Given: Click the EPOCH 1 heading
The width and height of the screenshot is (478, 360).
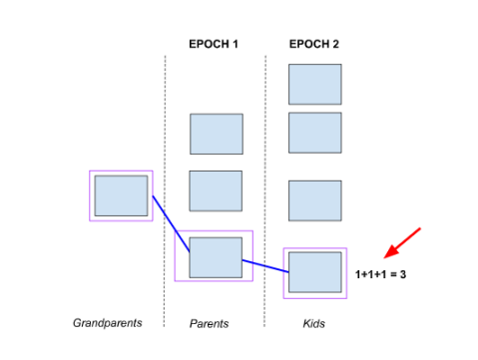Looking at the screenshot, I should pyautogui.click(x=214, y=44).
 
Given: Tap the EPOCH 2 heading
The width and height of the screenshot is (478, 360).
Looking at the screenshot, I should pyautogui.click(x=313, y=44).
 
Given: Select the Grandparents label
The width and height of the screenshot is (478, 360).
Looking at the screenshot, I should pyautogui.click(x=107, y=323).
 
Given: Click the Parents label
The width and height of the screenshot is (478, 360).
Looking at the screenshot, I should pyautogui.click(x=210, y=323).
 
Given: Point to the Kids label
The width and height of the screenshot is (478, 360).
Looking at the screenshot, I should pyautogui.click(x=314, y=323).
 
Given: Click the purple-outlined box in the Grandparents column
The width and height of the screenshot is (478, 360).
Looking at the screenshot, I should pyautogui.click(x=121, y=195).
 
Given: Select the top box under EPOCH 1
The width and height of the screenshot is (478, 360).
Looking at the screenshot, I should pyautogui.click(x=217, y=134).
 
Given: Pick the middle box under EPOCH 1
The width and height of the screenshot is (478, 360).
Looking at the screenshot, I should pyautogui.click(x=216, y=190).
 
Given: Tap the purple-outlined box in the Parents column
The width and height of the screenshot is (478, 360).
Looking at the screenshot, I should pyautogui.click(x=215, y=256).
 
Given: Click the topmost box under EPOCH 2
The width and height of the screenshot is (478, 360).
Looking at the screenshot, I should pyautogui.click(x=315, y=84).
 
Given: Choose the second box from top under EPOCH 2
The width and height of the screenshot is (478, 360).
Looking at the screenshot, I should pyautogui.click(x=315, y=132).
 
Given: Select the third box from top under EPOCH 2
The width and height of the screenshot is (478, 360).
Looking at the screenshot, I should pyautogui.click(x=315, y=199).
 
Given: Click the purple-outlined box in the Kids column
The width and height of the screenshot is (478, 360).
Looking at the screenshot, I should pyautogui.click(x=315, y=272).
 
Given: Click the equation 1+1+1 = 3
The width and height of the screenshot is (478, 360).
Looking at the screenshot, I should pyautogui.click(x=380, y=273).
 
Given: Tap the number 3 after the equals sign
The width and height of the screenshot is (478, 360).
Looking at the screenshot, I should pyautogui.click(x=402, y=273).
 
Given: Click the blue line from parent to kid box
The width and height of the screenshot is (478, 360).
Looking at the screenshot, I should pyautogui.click(x=264, y=264).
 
